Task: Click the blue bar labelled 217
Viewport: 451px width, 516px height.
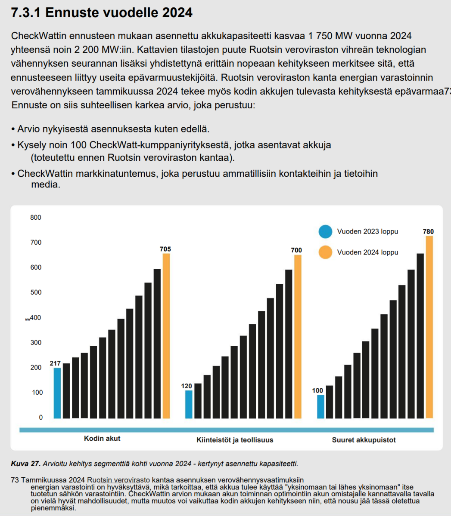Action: (x=57, y=393)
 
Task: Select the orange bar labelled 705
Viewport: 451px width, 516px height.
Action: (x=166, y=336)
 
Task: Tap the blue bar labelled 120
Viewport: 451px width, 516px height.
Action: (x=189, y=405)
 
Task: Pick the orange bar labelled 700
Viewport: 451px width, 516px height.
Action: (x=298, y=337)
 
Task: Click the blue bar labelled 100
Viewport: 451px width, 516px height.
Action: (x=320, y=407)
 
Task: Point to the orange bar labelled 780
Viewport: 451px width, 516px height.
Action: (x=429, y=327)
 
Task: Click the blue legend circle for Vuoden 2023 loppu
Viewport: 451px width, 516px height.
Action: (x=325, y=231)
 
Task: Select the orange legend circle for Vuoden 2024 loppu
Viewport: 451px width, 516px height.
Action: (x=325, y=252)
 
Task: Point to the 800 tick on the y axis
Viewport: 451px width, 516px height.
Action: (x=36, y=218)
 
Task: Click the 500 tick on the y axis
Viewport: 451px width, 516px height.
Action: (x=36, y=292)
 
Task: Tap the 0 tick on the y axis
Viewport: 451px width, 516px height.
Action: (x=41, y=418)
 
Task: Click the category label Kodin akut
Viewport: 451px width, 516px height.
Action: (x=102, y=439)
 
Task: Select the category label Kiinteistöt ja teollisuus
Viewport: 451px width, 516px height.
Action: (x=235, y=440)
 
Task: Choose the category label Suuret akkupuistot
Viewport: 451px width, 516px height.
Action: (x=364, y=440)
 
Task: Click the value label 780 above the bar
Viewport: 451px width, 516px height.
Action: (x=428, y=231)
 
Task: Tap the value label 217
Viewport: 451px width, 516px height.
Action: (x=55, y=363)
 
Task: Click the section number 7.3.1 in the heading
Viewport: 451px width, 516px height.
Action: (x=26, y=12)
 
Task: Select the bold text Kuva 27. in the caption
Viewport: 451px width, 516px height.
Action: (x=25, y=464)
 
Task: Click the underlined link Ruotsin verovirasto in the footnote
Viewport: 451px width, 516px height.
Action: (x=118, y=480)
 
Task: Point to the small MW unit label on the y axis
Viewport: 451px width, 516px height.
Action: (x=28, y=319)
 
